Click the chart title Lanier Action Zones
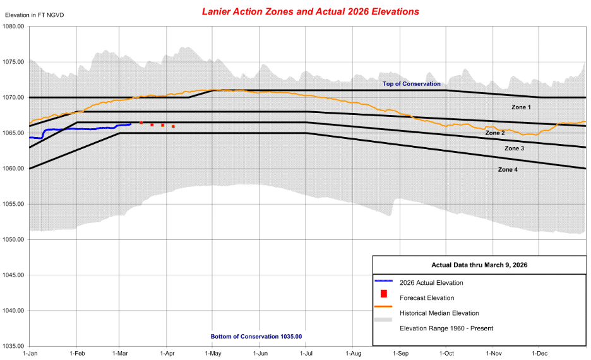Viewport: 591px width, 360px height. (x=310, y=12)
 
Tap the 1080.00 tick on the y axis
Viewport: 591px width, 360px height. (x=13, y=27)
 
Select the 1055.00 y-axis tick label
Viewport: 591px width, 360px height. (x=13, y=204)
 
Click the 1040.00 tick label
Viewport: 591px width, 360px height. (x=13, y=311)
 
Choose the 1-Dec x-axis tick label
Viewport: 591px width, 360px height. (x=539, y=354)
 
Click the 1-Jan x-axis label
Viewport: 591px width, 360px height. (x=30, y=354)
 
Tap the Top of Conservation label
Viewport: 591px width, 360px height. (x=412, y=84)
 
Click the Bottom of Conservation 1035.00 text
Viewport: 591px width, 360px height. (x=256, y=337)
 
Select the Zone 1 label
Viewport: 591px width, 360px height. (x=521, y=107)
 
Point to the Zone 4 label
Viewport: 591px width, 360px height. (x=508, y=169)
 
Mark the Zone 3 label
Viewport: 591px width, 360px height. (x=514, y=148)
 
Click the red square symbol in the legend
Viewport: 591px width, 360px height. (x=383, y=294)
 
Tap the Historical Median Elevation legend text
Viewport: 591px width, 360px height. (x=439, y=313)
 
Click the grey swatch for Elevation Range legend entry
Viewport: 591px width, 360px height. (x=383, y=320)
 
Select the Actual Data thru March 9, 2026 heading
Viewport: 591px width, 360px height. (x=479, y=265)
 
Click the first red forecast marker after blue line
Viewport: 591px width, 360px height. (x=141, y=123)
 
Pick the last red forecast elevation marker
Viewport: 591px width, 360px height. (x=173, y=126)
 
